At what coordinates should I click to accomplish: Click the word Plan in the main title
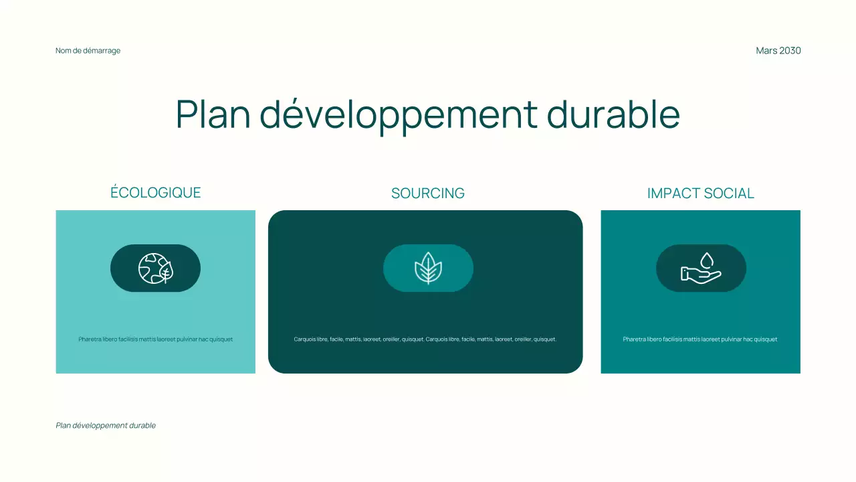[213, 114]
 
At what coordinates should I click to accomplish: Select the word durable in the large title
[613, 114]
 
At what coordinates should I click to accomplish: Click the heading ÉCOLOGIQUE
[155, 193]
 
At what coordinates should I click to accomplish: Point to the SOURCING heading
[428, 193]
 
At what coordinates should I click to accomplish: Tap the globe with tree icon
[155, 268]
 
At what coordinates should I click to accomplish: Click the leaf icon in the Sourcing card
[428, 268]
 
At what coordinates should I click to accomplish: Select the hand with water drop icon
[701, 268]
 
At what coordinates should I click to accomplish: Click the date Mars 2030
[778, 51]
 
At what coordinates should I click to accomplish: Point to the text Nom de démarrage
[88, 51]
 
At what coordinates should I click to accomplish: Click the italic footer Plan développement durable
[106, 426]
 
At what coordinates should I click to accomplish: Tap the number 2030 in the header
[790, 51]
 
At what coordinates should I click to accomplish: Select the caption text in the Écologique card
[155, 339]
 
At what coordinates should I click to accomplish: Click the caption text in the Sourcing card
[425, 339]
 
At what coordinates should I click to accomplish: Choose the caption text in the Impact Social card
[700, 339]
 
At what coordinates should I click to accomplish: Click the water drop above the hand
[707, 259]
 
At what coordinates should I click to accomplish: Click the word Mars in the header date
[766, 51]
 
